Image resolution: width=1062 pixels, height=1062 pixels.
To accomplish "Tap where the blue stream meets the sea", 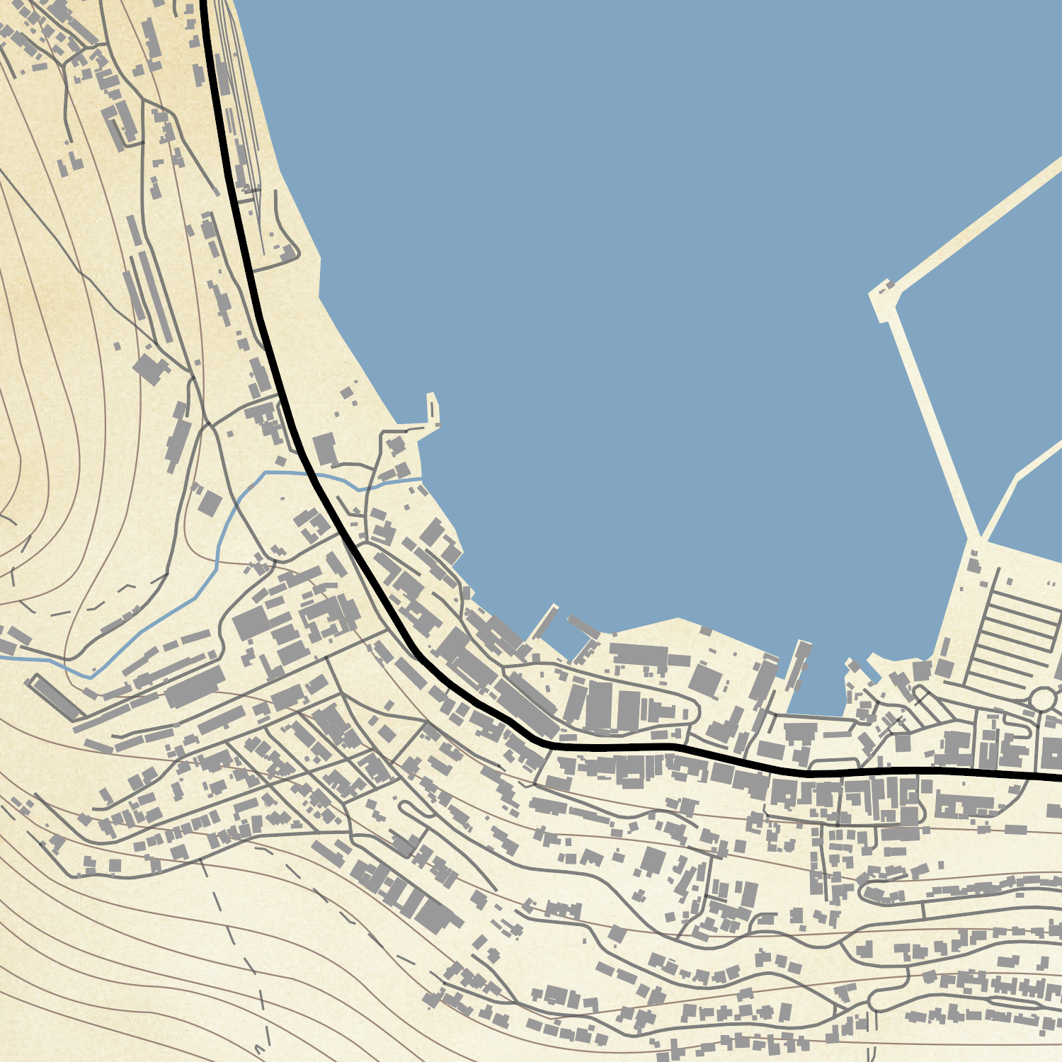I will (422, 479).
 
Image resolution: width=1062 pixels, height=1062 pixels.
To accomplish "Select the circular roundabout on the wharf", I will (1042, 700).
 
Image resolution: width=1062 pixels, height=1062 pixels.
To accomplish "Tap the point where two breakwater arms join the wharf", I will (981, 539).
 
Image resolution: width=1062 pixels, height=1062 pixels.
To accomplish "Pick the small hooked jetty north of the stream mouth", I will (431, 414).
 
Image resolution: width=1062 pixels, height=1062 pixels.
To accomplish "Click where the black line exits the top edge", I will (204, 3).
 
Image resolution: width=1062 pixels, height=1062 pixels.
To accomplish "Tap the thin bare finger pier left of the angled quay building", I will (545, 623).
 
